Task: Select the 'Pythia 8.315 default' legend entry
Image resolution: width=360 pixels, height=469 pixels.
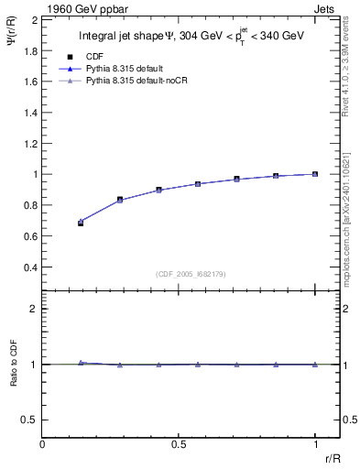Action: coord(124,69)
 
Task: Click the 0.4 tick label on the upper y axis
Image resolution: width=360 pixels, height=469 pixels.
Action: coord(31,267)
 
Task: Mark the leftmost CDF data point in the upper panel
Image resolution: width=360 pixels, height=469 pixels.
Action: coord(81,223)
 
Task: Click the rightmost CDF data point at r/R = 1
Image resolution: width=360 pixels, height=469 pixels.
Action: coord(315,174)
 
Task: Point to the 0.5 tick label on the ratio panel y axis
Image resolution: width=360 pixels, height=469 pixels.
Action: coord(31,420)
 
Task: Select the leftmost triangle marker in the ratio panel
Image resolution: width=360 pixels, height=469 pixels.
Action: coord(81,363)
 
